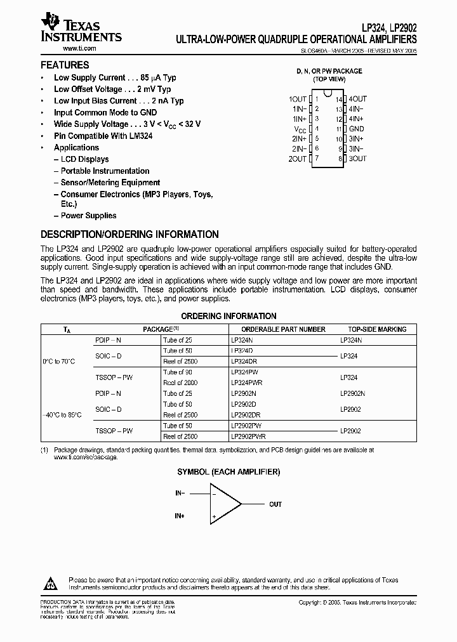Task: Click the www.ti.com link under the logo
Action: [62, 49]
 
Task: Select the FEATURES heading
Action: [65, 65]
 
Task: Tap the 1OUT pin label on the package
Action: [297, 99]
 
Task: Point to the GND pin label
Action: [356, 129]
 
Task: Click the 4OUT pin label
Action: [358, 99]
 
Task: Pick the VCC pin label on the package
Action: [299, 129]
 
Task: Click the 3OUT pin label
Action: [358, 159]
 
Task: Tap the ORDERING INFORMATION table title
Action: [228, 316]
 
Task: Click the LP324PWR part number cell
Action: [247, 383]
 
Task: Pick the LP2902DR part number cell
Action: [246, 414]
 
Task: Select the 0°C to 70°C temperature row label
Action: [58, 361]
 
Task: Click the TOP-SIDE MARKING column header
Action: [377, 329]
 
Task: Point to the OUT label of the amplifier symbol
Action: [275, 504]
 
